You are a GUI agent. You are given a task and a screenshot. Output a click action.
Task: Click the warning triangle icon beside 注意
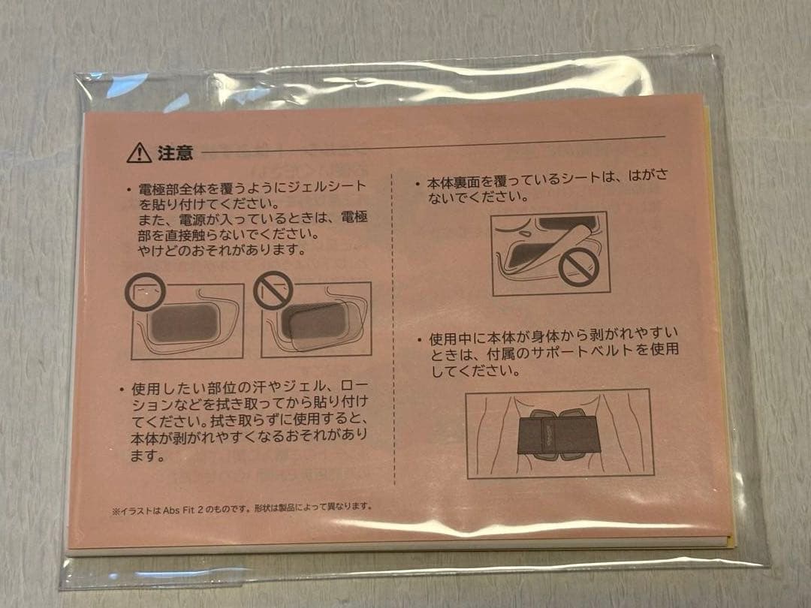click(139, 154)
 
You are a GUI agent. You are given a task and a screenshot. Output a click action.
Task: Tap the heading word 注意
click(175, 154)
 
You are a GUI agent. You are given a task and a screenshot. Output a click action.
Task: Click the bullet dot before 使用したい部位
click(121, 389)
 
